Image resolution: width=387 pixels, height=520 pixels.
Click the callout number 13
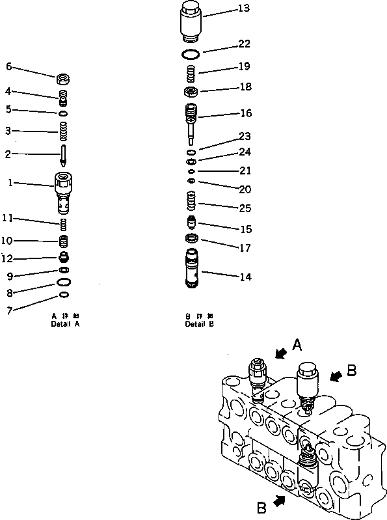pos(225,8)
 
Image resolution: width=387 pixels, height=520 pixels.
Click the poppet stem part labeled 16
pos(191,120)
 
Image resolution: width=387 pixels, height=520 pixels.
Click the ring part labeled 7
pos(64,295)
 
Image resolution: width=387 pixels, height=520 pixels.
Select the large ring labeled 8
pos(64,282)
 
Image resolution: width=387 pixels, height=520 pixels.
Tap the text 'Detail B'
pos(198,323)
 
